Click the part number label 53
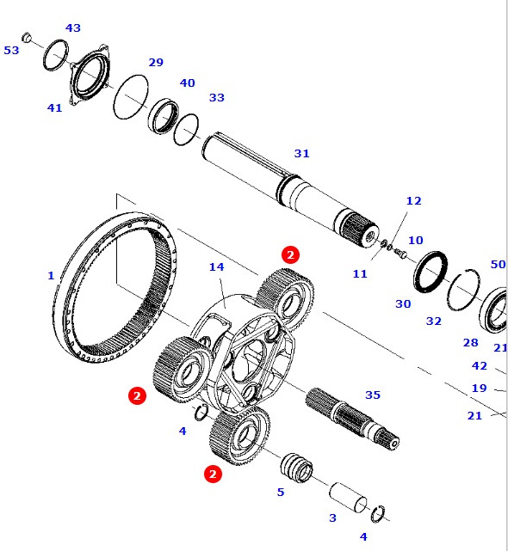11,51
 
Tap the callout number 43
73,28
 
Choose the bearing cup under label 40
164,113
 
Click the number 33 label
216,98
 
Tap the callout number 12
414,201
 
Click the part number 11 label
360,274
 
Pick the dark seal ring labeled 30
430,272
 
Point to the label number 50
498,265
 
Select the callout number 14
216,267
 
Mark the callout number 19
479,389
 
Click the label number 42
480,365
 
